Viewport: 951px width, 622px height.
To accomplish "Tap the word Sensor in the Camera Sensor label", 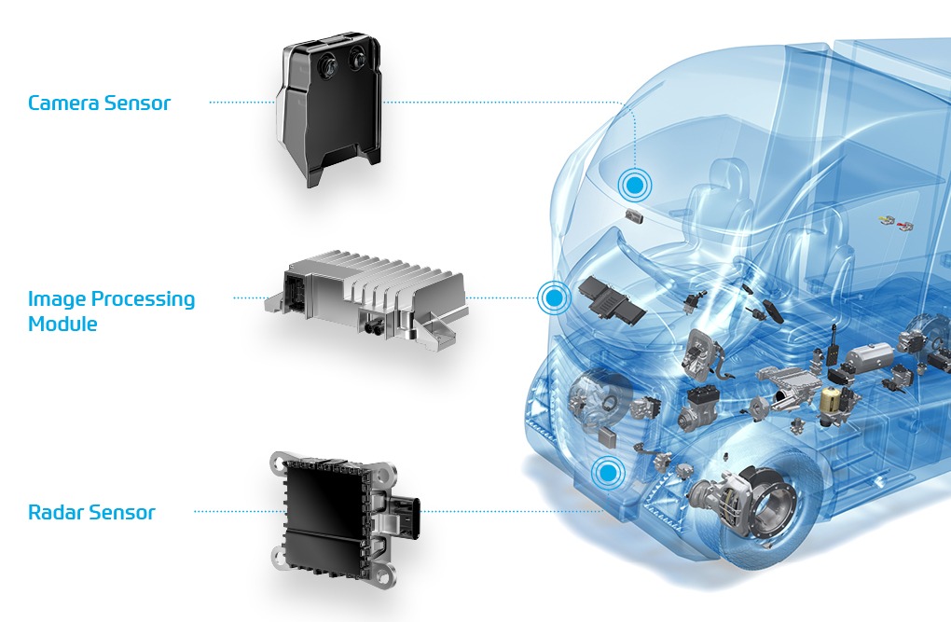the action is click(138, 104).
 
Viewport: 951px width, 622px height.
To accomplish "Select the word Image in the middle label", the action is click(56, 299).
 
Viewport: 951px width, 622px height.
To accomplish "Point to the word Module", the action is click(62, 324).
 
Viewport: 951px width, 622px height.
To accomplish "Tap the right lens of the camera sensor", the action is click(357, 59).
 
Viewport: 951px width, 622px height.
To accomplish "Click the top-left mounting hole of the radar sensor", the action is click(279, 463).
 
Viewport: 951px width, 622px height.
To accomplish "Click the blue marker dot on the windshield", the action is click(634, 185).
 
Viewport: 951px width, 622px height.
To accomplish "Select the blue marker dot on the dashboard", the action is click(554, 297).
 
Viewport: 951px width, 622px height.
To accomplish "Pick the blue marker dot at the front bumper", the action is click(608, 472).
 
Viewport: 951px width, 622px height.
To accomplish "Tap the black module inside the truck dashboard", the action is click(612, 301).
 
